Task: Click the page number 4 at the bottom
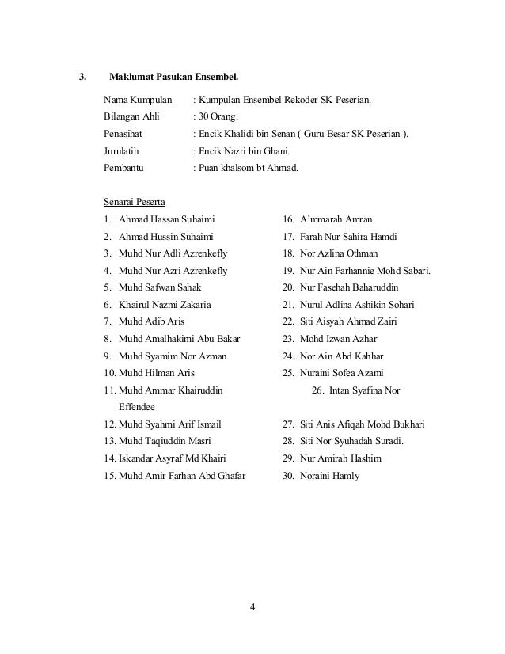[252, 607]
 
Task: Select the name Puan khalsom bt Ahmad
[247, 167]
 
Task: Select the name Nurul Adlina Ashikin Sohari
[357, 305]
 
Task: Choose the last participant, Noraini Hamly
[330, 476]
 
